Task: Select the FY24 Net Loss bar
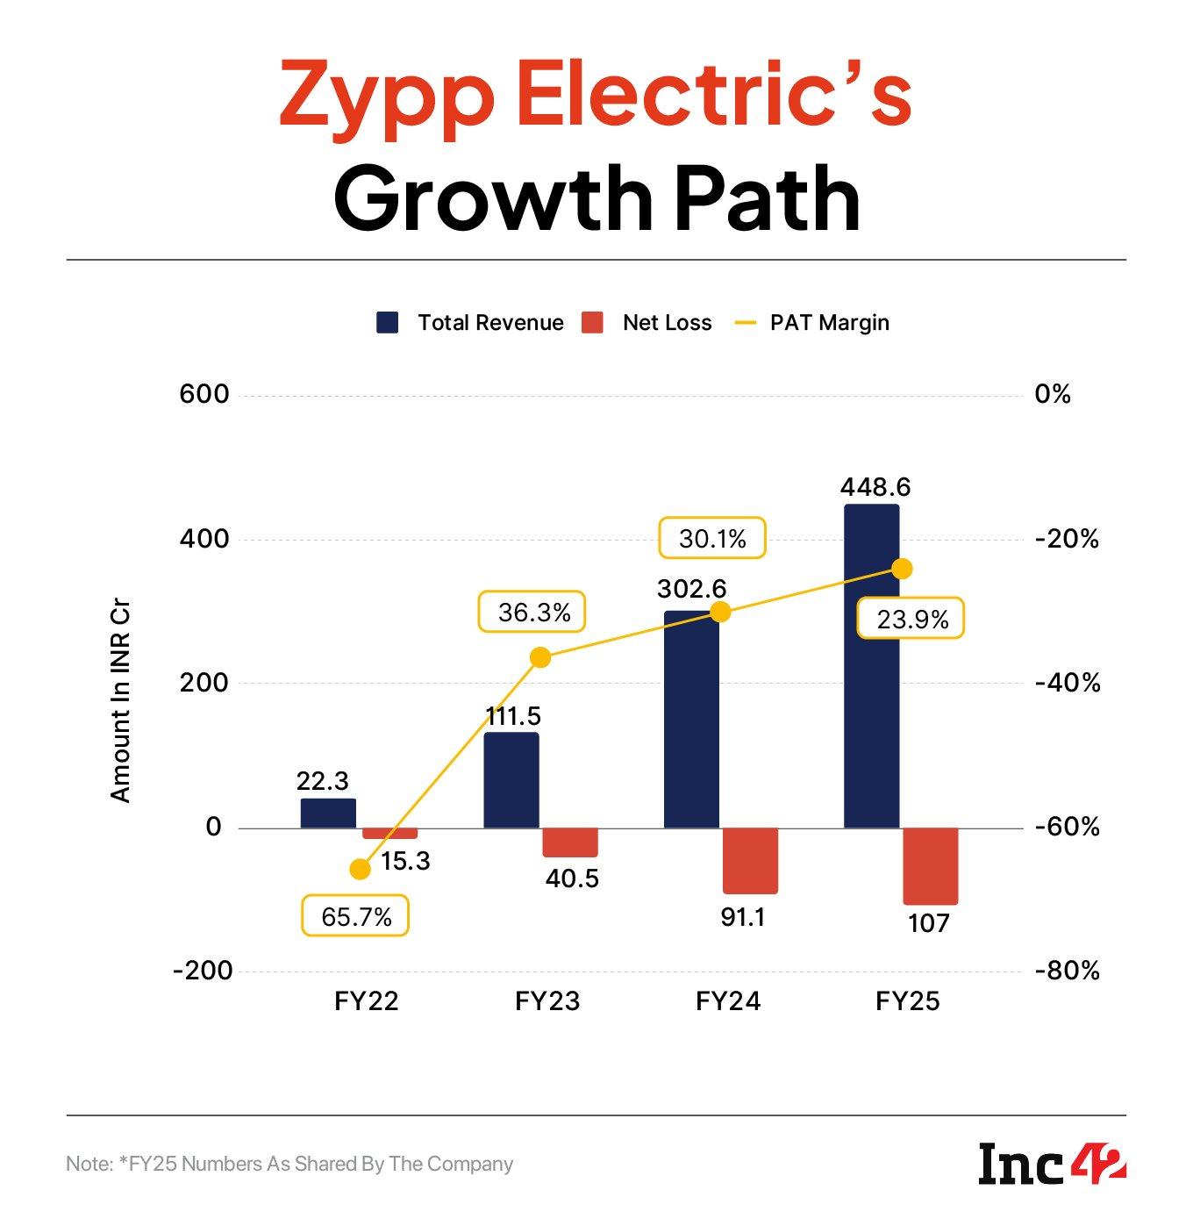click(750, 860)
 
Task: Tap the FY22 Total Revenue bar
click(328, 814)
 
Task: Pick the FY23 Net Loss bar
click(570, 842)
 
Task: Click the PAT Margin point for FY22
click(360, 869)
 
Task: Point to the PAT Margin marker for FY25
click(902, 569)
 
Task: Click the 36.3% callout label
click(533, 612)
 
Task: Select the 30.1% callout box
click(712, 538)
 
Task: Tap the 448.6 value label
click(875, 487)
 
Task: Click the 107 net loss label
click(929, 923)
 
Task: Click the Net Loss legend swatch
click(593, 323)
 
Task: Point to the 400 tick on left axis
click(204, 539)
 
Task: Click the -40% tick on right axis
click(1067, 683)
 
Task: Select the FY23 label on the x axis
click(547, 1001)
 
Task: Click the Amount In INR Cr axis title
click(120, 701)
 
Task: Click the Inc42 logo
click(1052, 1164)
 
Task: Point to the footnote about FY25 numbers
click(289, 1165)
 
